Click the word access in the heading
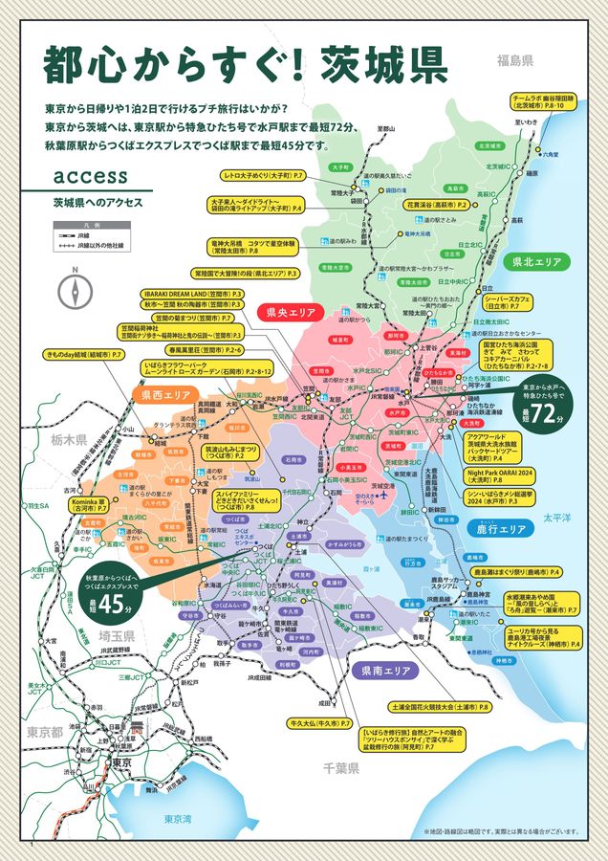tap(92, 176)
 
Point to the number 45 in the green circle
tap(115, 605)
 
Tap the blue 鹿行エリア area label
tap(501, 529)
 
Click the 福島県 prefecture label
tap(513, 59)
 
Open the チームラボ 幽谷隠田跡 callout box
tap(543, 101)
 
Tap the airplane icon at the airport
tap(385, 497)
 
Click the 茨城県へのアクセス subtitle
tap(98, 203)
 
